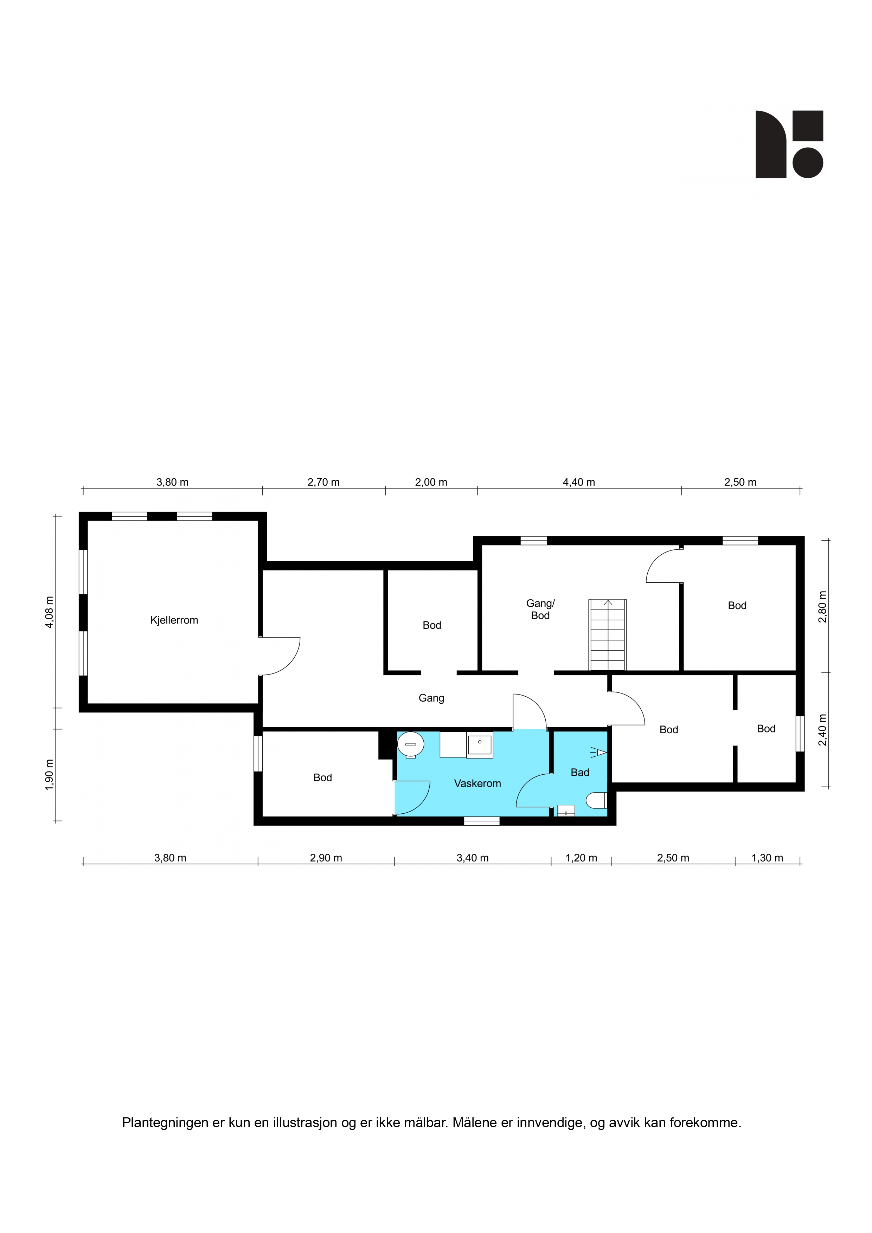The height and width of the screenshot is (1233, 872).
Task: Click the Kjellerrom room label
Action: (174, 620)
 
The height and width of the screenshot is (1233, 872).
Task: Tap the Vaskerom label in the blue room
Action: (477, 783)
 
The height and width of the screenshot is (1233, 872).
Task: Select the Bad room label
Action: (580, 772)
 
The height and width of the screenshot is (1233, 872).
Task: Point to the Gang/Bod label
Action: (540, 609)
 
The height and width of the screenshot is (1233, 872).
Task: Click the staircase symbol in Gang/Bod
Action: (608, 635)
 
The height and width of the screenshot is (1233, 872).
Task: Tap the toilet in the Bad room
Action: (596, 801)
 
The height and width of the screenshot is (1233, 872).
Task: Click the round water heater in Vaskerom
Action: (410, 745)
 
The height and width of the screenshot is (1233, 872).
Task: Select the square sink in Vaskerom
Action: (479, 745)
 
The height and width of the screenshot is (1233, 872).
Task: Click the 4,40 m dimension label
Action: (579, 482)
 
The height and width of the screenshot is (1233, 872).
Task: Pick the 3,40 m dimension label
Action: (472, 858)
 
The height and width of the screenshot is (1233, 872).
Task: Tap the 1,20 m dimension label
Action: (581, 858)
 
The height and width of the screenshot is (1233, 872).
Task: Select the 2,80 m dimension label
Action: (822, 607)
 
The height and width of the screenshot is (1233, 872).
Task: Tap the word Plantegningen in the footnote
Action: (165, 1122)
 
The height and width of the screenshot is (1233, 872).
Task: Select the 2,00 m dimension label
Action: (431, 482)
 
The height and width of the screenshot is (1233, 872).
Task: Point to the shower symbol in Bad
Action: (599, 753)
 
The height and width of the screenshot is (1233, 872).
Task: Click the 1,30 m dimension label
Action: (767, 858)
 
